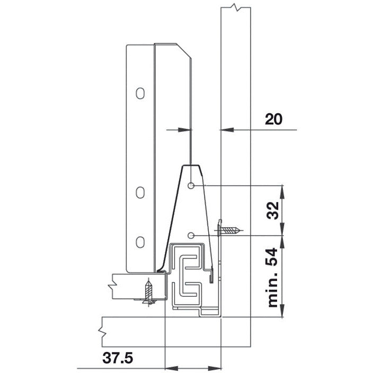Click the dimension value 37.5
115,358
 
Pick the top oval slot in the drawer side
139,93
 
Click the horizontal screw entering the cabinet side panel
229,230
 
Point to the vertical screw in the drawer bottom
149,292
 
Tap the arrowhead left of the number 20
224,129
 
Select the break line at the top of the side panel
235,8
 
